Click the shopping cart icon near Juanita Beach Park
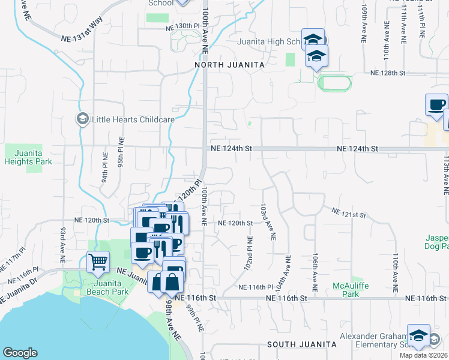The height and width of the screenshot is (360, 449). (x=98, y=261)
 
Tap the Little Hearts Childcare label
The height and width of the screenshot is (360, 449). (x=133, y=119)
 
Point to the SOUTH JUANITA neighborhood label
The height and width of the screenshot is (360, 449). (x=301, y=344)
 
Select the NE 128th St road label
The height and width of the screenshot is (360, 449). (x=388, y=73)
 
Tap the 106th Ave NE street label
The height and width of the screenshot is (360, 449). (x=315, y=268)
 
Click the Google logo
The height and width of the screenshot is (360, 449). (x=20, y=353)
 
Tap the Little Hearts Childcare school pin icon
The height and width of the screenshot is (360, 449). (x=80, y=119)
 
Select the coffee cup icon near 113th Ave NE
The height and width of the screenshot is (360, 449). (x=436, y=104)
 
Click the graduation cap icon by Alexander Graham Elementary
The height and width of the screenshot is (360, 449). (x=418, y=335)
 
